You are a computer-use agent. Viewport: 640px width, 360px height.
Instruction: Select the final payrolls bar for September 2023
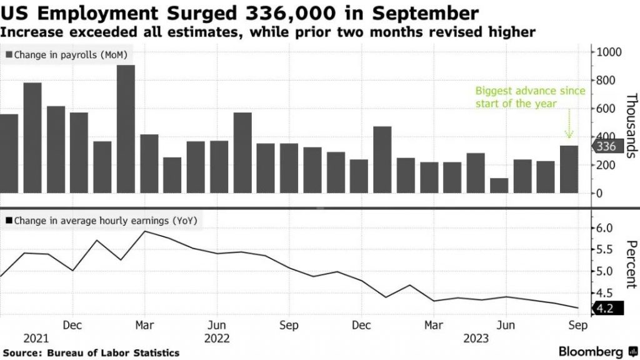click(x=569, y=169)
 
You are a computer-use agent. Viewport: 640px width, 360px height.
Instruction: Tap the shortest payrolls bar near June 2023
click(x=499, y=186)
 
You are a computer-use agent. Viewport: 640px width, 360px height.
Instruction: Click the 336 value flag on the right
click(x=606, y=147)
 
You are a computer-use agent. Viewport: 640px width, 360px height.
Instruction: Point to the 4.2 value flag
click(x=605, y=308)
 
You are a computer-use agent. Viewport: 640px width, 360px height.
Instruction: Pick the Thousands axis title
click(x=631, y=125)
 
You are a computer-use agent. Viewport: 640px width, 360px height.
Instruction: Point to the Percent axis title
click(x=631, y=262)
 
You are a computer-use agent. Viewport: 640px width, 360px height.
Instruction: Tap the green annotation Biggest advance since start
click(x=530, y=97)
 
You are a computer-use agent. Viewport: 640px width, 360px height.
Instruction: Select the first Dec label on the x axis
click(x=73, y=325)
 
